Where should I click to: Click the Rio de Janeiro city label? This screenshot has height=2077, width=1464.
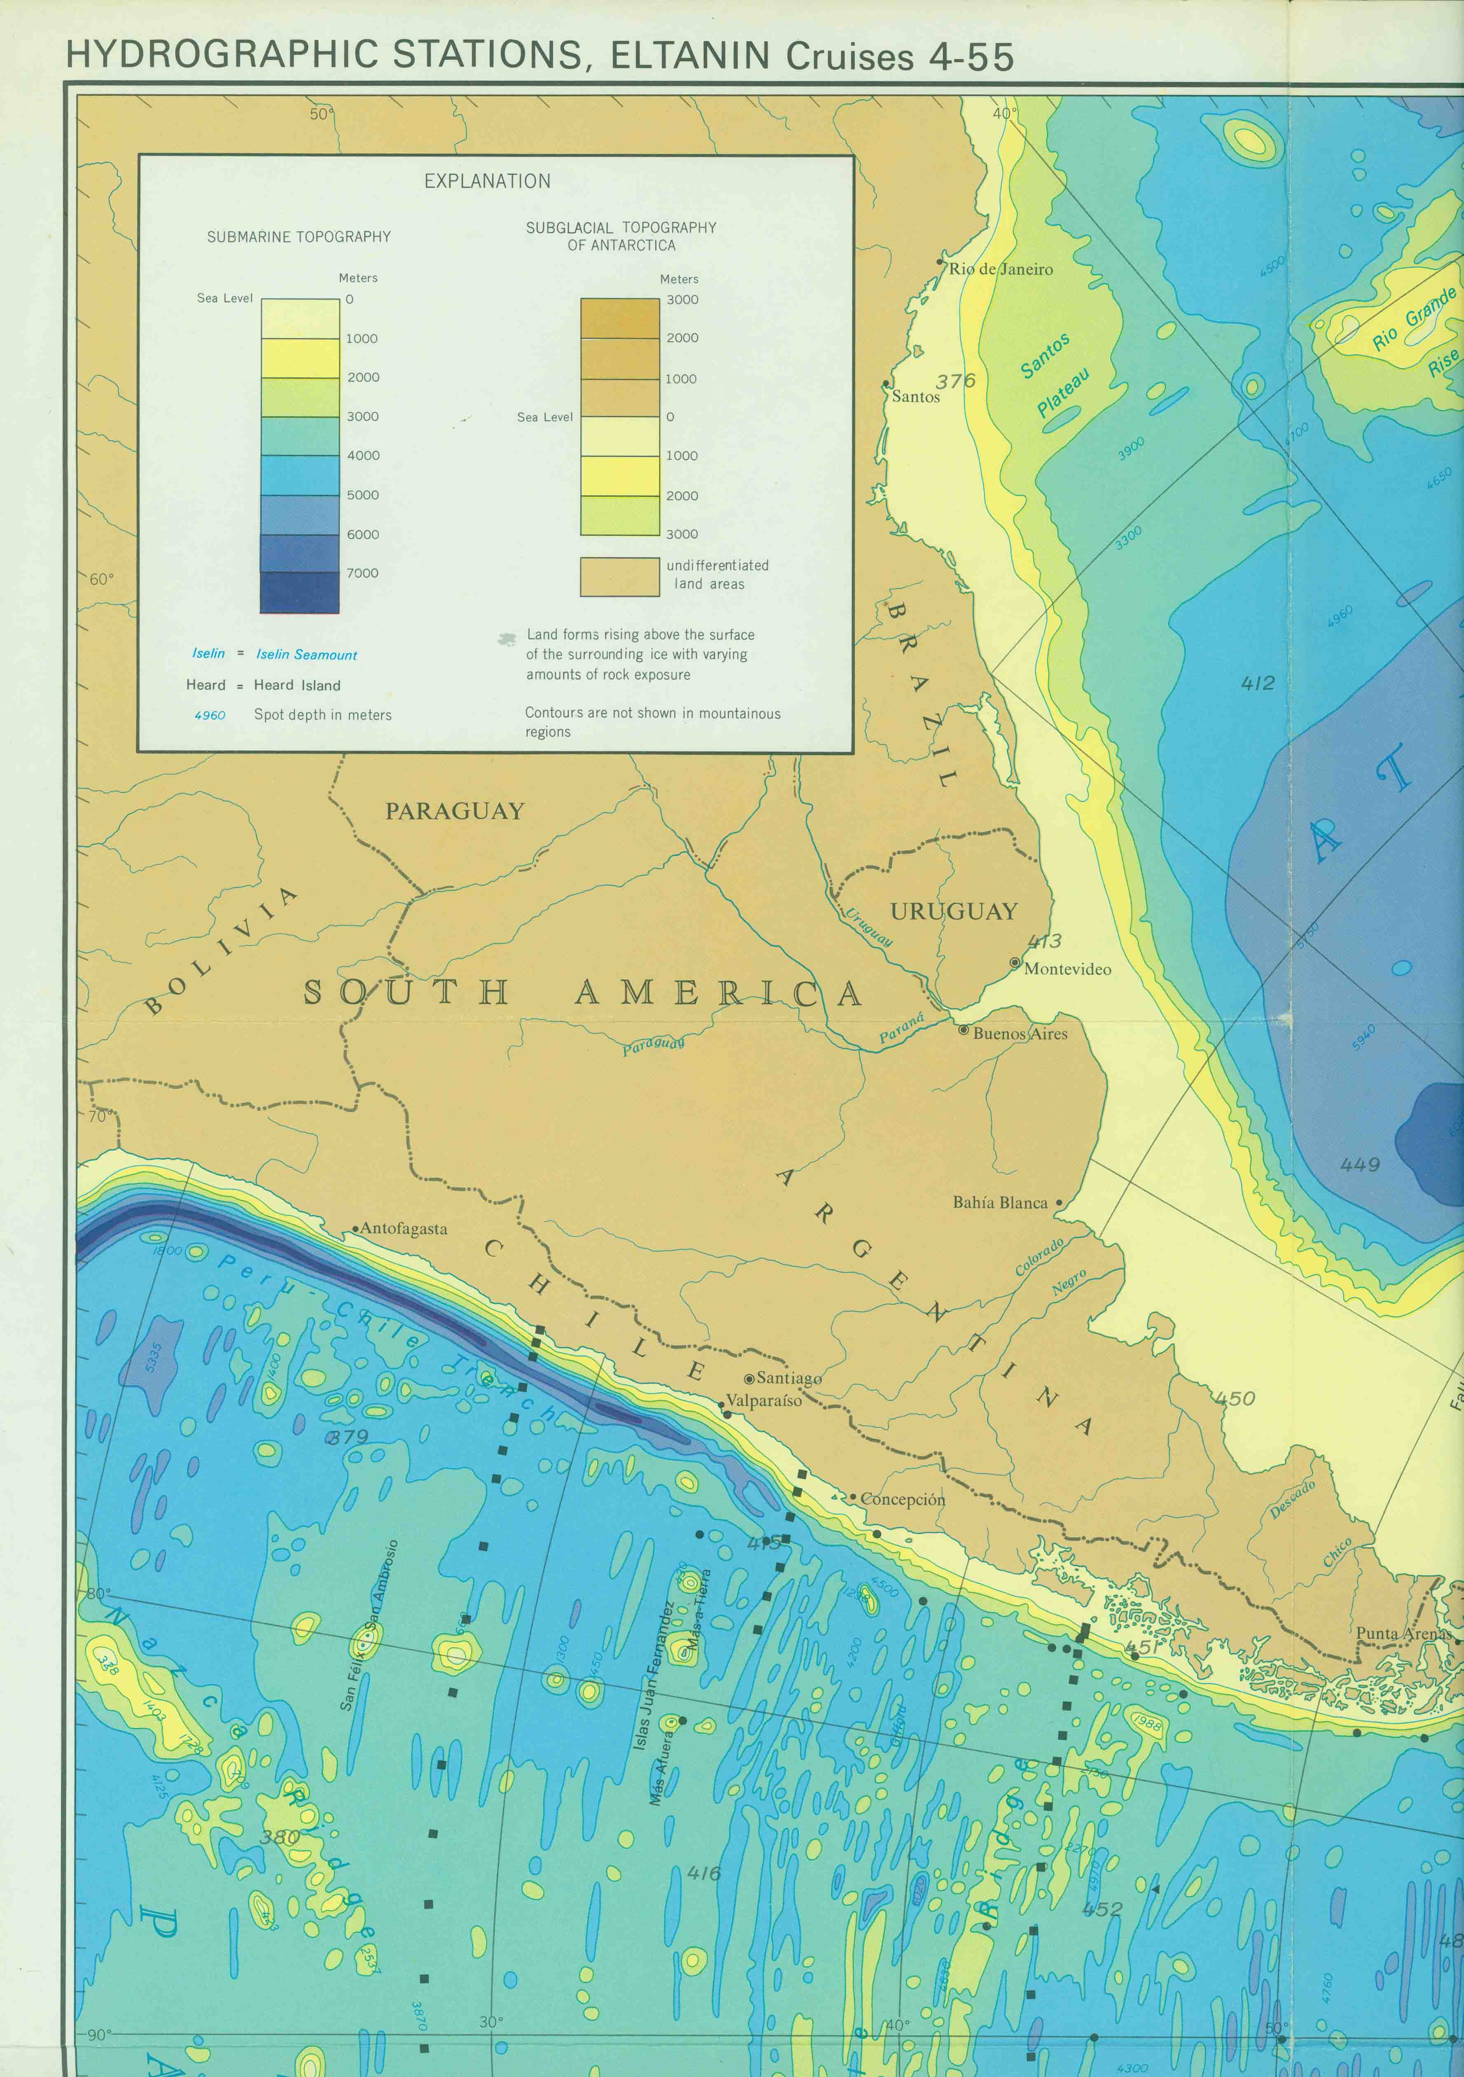[1001, 268]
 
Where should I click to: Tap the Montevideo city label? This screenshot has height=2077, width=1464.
[1067, 969]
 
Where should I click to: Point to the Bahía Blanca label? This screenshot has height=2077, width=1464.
[1000, 1202]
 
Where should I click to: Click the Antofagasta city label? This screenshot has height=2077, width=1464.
[404, 1228]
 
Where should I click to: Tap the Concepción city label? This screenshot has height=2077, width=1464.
[902, 1499]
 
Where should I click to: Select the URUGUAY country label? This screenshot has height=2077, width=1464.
[954, 912]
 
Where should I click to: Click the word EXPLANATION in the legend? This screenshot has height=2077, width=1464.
[487, 181]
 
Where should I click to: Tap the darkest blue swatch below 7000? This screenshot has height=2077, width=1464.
[299, 593]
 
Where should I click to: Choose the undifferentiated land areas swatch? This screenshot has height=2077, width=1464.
[620, 576]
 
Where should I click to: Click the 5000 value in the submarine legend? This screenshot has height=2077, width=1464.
[363, 495]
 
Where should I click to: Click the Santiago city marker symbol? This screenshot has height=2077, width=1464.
[749, 1379]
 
